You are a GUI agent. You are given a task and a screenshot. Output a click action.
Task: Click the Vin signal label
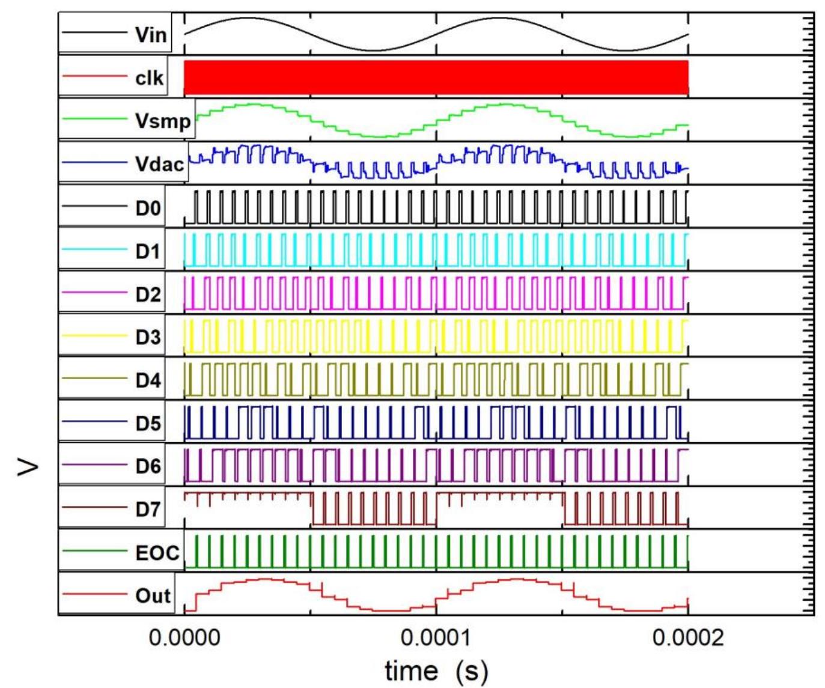(x=150, y=34)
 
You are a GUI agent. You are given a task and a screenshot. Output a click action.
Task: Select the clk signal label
(x=149, y=78)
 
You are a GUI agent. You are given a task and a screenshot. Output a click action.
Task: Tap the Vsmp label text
(x=163, y=121)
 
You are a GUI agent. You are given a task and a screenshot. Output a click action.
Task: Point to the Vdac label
(x=159, y=163)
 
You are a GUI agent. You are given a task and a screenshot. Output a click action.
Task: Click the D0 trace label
(x=148, y=208)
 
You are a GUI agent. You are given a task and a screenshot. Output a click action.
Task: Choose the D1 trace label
(x=148, y=251)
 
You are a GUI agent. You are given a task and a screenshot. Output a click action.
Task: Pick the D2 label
(x=148, y=294)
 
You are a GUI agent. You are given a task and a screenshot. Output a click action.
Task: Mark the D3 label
(x=148, y=337)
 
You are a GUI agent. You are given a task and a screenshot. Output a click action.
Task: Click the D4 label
(x=148, y=380)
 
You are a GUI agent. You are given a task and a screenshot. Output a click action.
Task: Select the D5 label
(x=148, y=423)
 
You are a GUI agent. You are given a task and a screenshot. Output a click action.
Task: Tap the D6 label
(x=148, y=466)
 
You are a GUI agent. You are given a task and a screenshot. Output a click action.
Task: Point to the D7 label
(x=148, y=509)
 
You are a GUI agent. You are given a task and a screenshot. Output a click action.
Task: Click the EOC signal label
(x=157, y=552)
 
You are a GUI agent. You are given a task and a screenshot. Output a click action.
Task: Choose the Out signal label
(x=153, y=595)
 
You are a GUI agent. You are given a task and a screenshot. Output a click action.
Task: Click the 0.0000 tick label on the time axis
(x=184, y=638)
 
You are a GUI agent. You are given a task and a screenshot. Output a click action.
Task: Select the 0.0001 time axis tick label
(x=436, y=638)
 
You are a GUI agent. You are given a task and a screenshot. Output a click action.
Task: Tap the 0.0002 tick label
(x=688, y=638)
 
